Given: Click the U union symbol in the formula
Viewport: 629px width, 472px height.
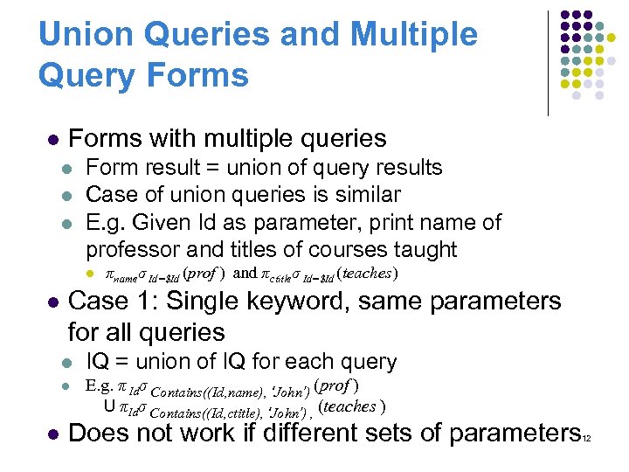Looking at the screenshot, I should click(108, 406).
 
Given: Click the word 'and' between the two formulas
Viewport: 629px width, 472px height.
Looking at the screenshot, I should click(246, 274).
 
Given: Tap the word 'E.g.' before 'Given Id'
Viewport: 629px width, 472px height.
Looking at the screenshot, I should click(106, 222).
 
